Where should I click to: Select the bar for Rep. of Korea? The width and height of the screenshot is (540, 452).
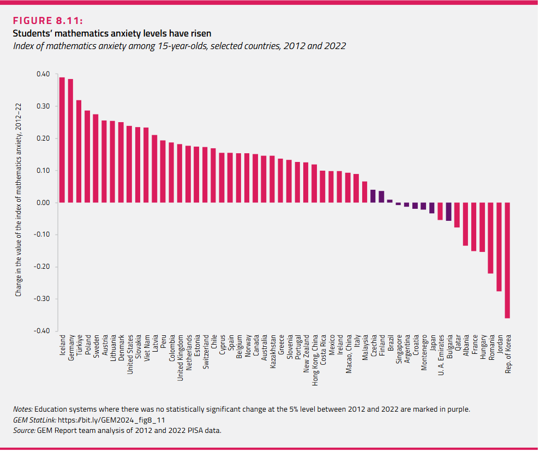pos(507,260)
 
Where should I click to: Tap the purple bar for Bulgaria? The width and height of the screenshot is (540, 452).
pos(448,212)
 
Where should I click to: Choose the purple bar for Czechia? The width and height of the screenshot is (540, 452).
pos(373,196)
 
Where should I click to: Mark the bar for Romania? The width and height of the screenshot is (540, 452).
pos(490,238)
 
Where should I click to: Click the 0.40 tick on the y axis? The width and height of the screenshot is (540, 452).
pos(43,74)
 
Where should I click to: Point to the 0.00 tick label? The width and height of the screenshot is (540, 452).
pos(43,203)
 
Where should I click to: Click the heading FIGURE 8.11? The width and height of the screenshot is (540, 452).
pos(47,21)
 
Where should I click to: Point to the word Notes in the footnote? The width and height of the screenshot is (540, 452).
pos(22,409)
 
